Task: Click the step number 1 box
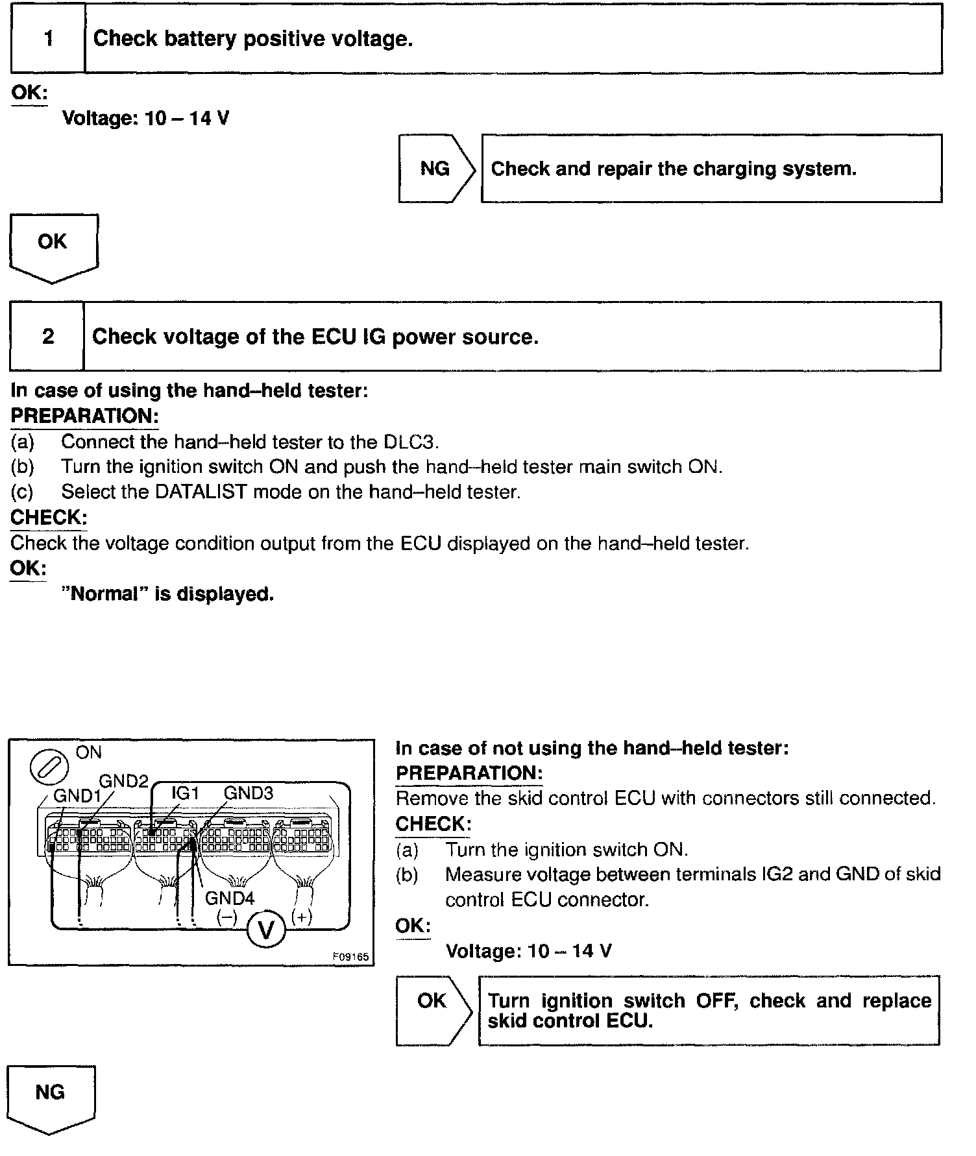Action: [x=48, y=38]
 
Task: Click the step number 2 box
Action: [x=47, y=337]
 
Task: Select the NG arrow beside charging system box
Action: [x=436, y=169]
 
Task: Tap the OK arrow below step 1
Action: [x=53, y=246]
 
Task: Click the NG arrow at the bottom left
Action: [x=50, y=1096]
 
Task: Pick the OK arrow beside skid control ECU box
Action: [x=433, y=1005]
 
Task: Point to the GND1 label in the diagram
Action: [x=77, y=796]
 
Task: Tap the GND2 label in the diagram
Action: [x=123, y=781]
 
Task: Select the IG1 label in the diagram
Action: [x=185, y=793]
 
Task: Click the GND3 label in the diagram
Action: [x=249, y=793]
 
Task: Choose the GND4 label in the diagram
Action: [x=230, y=898]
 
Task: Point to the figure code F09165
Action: [x=350, y=957]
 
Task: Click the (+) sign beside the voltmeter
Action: [x=302, y=917]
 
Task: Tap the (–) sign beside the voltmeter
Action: [x=227, y=917]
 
